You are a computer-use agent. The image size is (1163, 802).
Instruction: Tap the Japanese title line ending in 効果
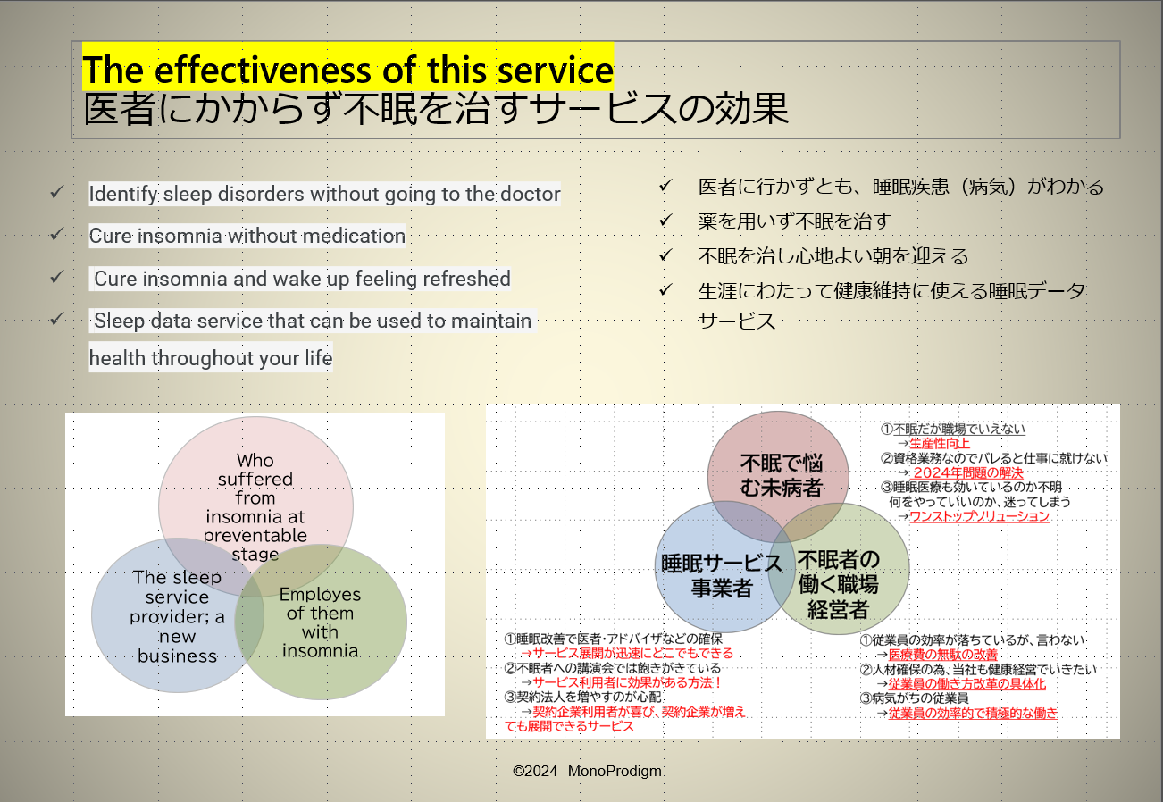436,109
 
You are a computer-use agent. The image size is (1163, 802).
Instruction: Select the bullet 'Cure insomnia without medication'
247,236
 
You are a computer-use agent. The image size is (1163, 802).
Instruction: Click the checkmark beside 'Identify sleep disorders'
57,192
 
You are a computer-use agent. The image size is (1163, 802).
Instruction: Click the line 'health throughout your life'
211,358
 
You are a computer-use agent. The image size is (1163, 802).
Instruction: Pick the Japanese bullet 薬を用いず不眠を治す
794,221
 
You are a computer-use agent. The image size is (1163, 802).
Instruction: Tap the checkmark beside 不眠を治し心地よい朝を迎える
665,255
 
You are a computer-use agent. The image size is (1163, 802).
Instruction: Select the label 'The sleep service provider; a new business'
177,616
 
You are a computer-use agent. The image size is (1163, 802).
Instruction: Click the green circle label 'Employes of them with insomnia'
320,622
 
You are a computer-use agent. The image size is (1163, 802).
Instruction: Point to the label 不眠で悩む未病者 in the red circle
782,475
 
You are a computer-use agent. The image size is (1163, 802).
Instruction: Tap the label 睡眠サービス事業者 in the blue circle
722,576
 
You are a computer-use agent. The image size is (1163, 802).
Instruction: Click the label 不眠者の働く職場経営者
839,584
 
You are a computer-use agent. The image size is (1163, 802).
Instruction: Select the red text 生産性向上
940,443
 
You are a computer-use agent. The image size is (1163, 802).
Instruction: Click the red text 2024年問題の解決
968,473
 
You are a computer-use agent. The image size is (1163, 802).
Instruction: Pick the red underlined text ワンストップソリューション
979,516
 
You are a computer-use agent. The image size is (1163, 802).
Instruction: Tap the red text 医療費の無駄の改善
943,655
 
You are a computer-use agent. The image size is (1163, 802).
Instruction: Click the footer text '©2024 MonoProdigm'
587,771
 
